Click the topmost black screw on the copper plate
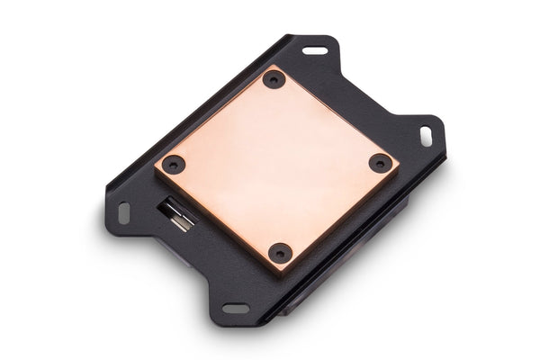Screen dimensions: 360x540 point(274,79)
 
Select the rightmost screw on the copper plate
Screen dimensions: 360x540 point(382,164)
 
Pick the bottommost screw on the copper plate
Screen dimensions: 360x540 point(280,254)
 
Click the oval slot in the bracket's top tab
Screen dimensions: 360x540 point(315,50)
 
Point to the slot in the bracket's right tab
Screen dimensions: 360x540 point(426,135)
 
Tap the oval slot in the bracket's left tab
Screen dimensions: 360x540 point(124,213)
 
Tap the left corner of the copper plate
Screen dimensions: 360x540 point(155,166)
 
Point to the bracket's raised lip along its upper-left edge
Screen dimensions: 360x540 point(180,108)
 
